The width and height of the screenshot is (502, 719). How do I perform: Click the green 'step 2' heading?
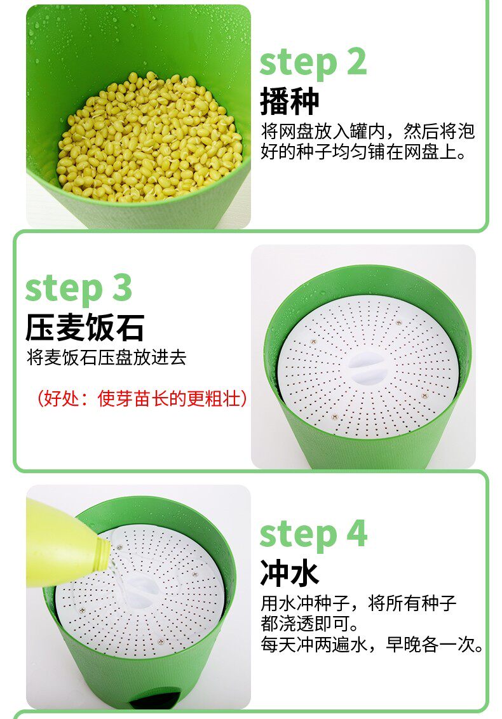pos(313,63)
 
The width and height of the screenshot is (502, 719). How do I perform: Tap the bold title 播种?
pos(290,102)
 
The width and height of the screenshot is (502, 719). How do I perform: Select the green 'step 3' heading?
pos(79,289)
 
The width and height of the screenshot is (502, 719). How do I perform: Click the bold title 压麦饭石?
pos(85,327)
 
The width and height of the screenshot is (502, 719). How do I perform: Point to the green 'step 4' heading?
pos(313,534)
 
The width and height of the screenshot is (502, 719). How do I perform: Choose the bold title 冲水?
pos(290,573)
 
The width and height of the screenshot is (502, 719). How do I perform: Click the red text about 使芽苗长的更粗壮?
pos(142,398)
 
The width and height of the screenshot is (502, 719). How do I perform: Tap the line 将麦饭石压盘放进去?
pos(107,358)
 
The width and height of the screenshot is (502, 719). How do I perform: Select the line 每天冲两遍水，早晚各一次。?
pos(372,644)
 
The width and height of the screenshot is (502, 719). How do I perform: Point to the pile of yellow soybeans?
pos(149,137)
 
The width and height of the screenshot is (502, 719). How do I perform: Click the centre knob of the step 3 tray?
pos(366,367)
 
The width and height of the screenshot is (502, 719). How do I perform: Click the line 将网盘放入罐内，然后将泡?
pos(367,131)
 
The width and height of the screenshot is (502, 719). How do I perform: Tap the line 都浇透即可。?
pos(309,624)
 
